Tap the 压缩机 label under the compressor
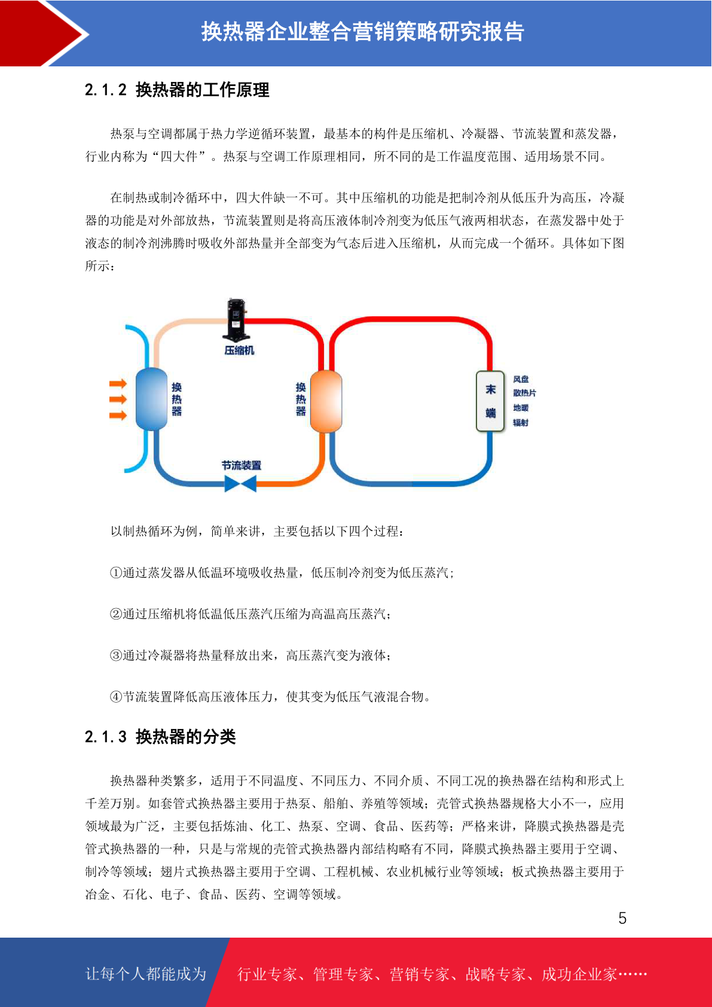(x=239, y=350)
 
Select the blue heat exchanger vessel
(x=151, y=399)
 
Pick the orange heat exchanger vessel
(x=326, y=401)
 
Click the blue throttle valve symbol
(x=240, y=484)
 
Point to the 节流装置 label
(x=242, y=465)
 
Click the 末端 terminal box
(x=490, y=401)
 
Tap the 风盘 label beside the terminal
(x=521, y=379)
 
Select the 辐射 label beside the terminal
(x=521, y=423)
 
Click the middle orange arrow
(x=118, y=399)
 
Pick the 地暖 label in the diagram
(x=521, y=408)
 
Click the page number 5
(x=622, y=918)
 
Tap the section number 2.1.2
(x=106, y=90)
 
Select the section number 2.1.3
(x=106, y=737)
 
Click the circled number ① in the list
(x=116, y=573)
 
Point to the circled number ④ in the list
(x=116, y=697)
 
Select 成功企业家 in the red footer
(x=579, y=974)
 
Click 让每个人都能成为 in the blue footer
(x=146, y=974)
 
